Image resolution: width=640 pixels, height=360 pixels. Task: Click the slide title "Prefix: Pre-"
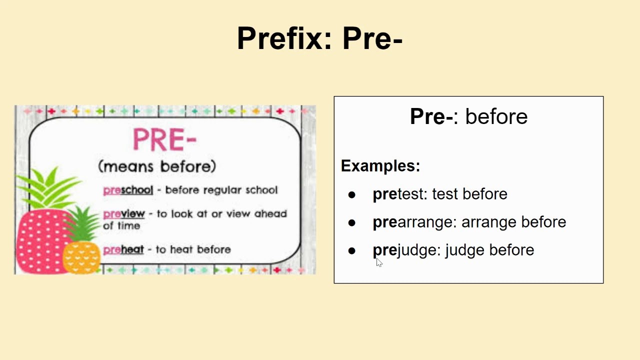pyautogui.click(x=319, y=38)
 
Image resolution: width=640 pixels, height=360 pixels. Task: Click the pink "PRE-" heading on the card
pyautogui.click(x=165, y=139)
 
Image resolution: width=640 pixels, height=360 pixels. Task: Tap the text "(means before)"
pyautogui.click(x=157, y=166)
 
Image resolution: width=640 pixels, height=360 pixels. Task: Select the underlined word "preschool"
pyautogui.click(x=128, y=190)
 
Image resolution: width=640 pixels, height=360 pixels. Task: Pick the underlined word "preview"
pyautogui.click(x=124, y=213)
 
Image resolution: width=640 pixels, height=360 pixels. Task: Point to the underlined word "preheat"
pyautogui.click(x=123, y=249)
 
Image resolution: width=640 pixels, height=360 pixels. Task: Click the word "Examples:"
pyautogui.click(x=380, y=165)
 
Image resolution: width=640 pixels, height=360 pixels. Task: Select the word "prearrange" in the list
pyautogui.click(x=412, y=222)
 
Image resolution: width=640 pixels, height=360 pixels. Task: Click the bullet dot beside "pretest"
pyautogui.click(x=351, y=195)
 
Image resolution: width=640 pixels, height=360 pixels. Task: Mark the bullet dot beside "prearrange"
pyautogui.click(x=351, y=223)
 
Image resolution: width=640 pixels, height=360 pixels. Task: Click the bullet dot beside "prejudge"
pyautogui.click(x=351, y=251)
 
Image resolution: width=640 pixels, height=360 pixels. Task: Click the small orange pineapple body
pyautogui.click(x=81, y=257)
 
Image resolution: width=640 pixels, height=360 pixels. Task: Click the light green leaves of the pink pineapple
pyautogui.click(x=48, y=188)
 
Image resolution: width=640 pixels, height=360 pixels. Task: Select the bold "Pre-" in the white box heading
pyautogui.click(x=431, y=116)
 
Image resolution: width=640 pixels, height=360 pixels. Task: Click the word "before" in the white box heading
pyautogui.click(x=496, y=116)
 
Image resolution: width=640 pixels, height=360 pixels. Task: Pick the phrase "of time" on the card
pyautogui.click(x=121, y=225)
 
